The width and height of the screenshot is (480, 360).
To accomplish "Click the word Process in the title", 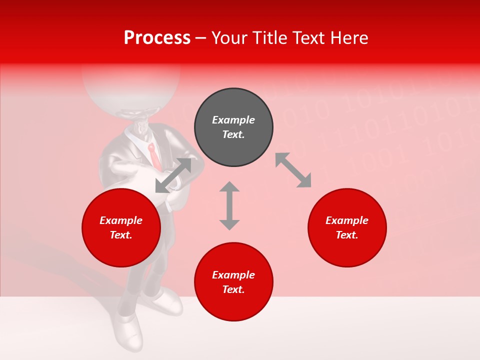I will [157, 38].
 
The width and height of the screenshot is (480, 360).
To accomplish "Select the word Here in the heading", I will [348, 38].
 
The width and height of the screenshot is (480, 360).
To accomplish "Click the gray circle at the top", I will [233, 127].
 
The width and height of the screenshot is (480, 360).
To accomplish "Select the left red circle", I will [121, 228].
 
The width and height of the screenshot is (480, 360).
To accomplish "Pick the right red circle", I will [347, 228].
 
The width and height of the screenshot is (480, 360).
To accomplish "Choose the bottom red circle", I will [233, 282].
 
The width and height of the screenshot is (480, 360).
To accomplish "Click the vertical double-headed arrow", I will [229, 205].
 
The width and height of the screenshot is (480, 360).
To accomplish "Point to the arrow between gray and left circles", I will [173, 175].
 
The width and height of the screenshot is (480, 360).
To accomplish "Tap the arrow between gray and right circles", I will [293, 170].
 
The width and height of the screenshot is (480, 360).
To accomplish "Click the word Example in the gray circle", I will [233, 120].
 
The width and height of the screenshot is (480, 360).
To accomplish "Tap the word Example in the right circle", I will [347, 220].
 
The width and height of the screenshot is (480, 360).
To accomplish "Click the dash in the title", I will [201, 38].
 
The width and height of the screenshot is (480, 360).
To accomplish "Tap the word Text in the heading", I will [310, 38].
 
